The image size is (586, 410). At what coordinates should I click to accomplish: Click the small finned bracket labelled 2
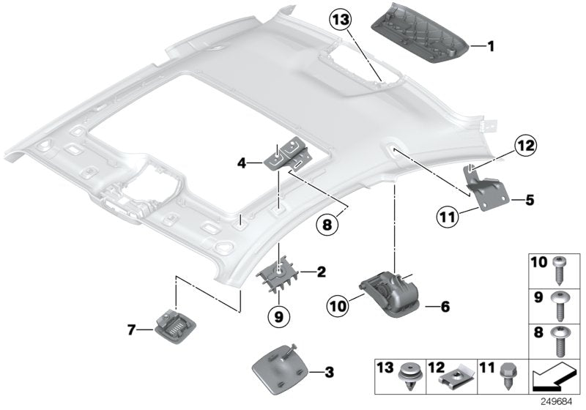pyautogui.click(x=278, y=274)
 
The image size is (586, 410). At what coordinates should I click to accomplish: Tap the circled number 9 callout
pyautogui.click(x=280, y=316)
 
